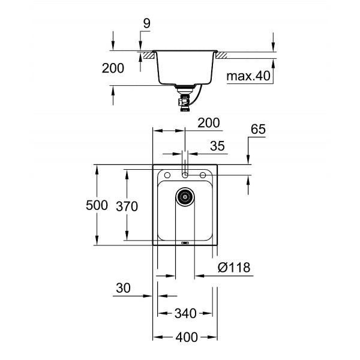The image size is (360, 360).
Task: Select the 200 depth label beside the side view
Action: [x=113, y=68]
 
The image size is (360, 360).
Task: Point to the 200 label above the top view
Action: [x=208, y=123]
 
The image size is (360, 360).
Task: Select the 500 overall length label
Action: [x=96, y=206]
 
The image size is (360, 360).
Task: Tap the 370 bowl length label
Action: [x=127, y=206]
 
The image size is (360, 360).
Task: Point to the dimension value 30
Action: [x=123, y=288]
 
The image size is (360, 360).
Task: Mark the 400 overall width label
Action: [x=185, y=337]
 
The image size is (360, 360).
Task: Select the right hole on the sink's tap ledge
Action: [x=203, y=175]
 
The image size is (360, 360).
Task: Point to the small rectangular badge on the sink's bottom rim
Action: [x=185, y=243]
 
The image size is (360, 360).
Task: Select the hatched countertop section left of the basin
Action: [x=146, y=56]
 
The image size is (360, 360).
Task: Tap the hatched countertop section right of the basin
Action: [x=221, y=56]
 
